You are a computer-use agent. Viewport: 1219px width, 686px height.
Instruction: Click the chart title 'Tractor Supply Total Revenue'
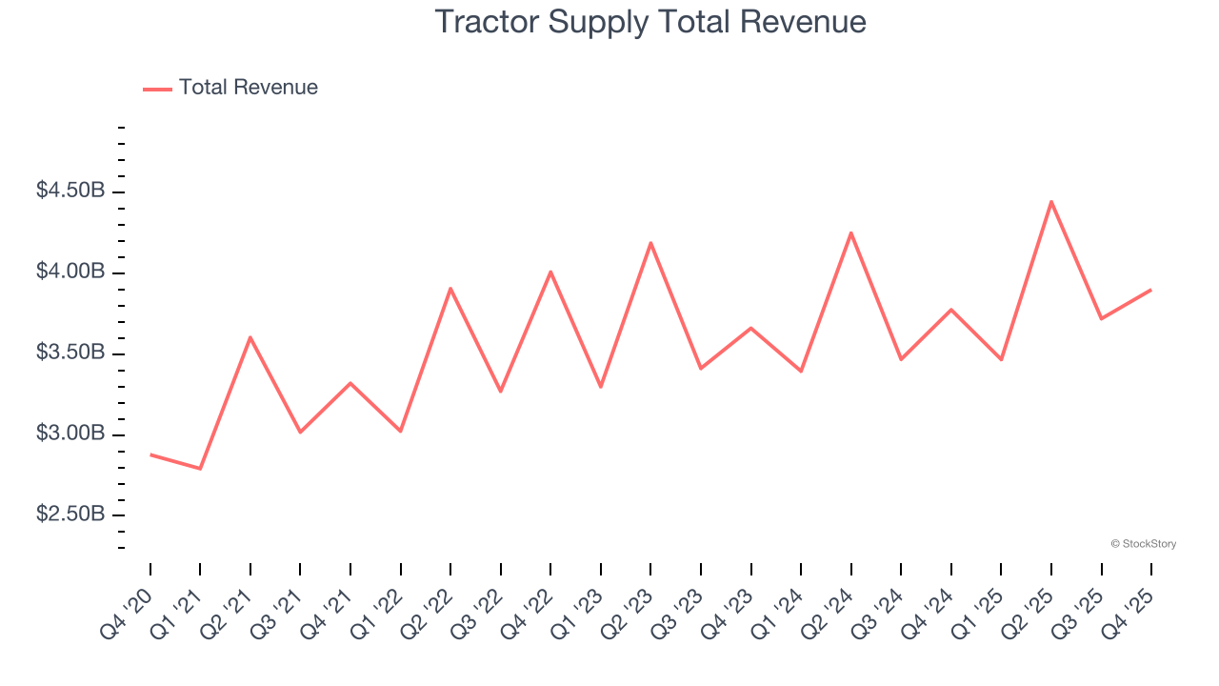(650, 22)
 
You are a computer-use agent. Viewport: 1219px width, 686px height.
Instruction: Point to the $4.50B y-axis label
(70, 191)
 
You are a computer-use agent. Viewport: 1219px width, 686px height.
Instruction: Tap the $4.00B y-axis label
(70, 272)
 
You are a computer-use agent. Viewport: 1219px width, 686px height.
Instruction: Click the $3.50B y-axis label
(70, 353)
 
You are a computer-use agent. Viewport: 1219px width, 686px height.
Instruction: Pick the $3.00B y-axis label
(70, 434)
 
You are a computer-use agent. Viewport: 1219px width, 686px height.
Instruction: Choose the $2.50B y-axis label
(70, 514)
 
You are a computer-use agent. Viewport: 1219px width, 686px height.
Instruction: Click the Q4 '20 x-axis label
(127, 614)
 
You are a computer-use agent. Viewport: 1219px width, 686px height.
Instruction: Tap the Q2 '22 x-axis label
(427, 614)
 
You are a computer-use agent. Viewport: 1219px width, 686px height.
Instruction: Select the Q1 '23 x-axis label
(577, 614)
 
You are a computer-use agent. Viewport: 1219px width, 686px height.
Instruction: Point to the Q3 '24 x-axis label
(877, 614)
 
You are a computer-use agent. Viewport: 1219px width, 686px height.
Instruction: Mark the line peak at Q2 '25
(1051, 201)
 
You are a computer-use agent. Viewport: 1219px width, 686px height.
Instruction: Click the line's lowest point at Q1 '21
(200, 469)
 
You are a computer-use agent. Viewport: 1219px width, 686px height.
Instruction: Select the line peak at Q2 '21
(250, 337)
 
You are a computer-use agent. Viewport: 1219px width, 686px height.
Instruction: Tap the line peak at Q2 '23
(650, 243)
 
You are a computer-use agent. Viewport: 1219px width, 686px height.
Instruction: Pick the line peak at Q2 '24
(850, 232)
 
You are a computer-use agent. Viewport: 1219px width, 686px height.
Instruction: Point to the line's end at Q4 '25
(1150, 290)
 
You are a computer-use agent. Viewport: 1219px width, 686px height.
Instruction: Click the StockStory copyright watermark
(1144, 544)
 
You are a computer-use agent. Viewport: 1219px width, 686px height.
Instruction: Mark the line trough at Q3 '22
(501, 392)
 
